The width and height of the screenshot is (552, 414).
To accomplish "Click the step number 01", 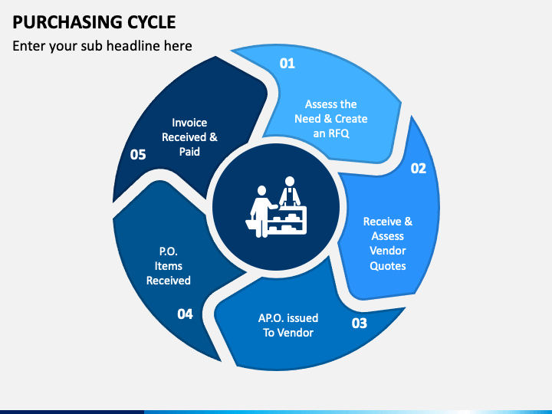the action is point(287,64).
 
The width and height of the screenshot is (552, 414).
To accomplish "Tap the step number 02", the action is point(419,168).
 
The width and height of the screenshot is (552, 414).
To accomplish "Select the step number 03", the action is point(359,324).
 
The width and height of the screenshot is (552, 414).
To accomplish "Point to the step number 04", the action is point(185,314).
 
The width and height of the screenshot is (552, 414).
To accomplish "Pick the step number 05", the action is point(138,155).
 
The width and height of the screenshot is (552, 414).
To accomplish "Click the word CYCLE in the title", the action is point(151,22).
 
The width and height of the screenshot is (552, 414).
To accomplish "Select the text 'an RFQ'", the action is point(331,133).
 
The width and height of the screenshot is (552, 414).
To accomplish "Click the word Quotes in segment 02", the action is point(388,266).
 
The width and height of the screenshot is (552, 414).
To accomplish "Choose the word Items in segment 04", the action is point(168,266).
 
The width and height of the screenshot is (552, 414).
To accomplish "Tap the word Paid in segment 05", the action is point(189,152).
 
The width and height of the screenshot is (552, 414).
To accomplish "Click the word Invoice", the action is point(189,123).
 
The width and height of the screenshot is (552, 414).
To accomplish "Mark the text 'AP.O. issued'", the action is point(288,318).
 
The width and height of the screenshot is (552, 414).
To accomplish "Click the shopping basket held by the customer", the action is point(251,224).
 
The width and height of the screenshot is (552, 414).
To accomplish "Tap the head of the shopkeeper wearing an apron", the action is point(290,181).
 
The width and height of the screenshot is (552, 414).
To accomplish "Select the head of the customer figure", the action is point(261,190).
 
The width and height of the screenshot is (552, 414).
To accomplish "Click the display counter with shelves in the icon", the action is point(287,220).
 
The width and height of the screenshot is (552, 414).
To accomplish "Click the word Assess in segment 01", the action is point(316,104).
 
